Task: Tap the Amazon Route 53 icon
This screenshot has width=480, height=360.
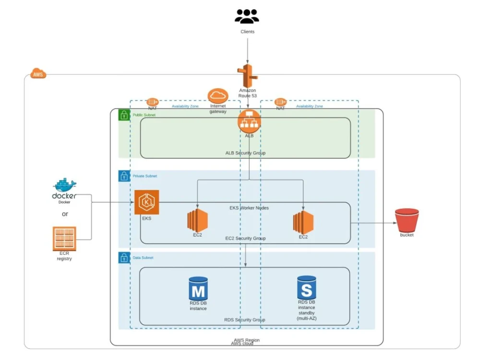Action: [247, 76]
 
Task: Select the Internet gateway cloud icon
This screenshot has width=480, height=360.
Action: [217, 95]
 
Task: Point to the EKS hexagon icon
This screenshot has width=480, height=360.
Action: [146, 202]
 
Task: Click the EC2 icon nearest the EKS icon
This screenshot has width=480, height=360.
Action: [197, 221]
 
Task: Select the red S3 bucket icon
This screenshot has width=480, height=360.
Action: [406, 220]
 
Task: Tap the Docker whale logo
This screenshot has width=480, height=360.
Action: [65, 185]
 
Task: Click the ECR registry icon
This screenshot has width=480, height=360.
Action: [64, 239]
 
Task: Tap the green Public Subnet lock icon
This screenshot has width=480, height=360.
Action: [124, 115]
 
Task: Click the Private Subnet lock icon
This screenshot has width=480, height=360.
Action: [124, 176]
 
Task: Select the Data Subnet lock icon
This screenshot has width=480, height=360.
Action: [124, 258]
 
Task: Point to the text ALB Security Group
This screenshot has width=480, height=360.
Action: [245, 153]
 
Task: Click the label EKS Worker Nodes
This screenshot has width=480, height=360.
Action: [249, 208]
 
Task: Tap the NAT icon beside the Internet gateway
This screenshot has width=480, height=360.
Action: [153, 102]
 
